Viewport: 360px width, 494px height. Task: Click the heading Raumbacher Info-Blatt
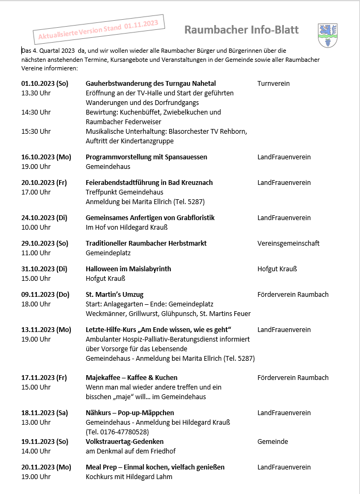[x=241, y=30]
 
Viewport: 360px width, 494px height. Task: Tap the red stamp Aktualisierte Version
[x=99, y=30]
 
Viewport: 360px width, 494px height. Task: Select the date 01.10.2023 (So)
[x=45, y=84]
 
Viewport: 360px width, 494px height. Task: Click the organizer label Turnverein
[x=273, y=84]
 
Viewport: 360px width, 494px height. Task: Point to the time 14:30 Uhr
[x=36, y=112]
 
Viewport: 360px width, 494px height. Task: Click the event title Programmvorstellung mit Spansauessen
[x=146, y=157]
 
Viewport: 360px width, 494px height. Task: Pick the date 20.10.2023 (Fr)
[x=44, y=183]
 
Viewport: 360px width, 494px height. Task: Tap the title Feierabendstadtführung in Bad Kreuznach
[x=149, y=183]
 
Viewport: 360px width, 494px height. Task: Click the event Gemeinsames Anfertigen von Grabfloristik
[x=150, y=218]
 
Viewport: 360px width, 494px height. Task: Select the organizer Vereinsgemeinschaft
[x=288, y=244]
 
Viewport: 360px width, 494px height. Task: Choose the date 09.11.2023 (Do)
[x=45, y=295]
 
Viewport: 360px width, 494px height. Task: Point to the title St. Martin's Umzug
[x=114, y=295]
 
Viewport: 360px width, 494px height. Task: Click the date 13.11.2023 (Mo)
[x=46, y=330]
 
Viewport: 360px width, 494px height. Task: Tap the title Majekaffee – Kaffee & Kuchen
[x=132, y=378]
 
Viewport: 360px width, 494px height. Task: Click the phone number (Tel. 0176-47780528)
[x=117, y=432]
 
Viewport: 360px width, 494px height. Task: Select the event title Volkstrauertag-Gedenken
[x=125, y=442]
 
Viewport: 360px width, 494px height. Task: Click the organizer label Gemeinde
[x=273, y=442]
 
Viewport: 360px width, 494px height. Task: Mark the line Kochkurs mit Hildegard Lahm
[x=129, y=477]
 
